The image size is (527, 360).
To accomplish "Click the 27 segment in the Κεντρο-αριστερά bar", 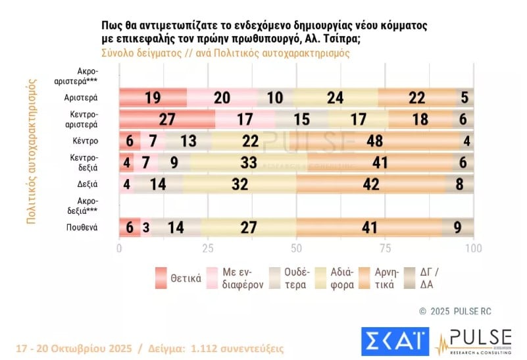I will pos(167,120).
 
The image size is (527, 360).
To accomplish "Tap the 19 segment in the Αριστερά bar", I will pos(153,98).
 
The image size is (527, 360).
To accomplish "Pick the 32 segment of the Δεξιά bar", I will pos(240,184).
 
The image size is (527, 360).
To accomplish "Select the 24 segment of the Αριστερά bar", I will pos(336,98).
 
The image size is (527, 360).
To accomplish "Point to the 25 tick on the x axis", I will pos(208,249).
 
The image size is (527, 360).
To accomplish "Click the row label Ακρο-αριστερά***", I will pos(86,76).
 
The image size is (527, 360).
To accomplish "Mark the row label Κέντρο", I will pos(86,141).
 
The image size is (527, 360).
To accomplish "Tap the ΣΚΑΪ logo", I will pos(395,340).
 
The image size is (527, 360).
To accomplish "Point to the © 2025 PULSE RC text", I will pos(455,311).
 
